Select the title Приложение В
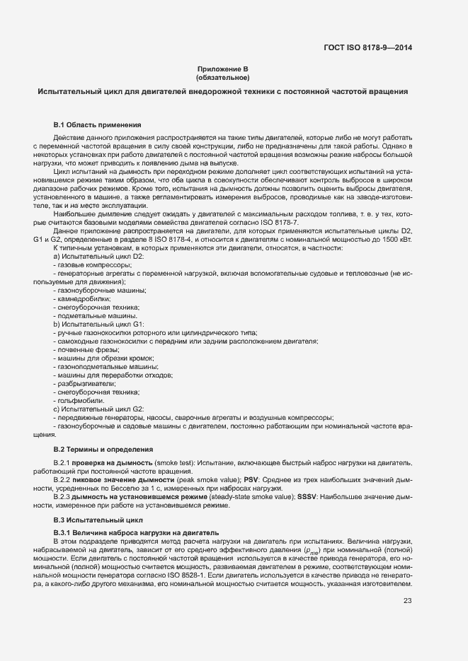223,69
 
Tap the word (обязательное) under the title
223,78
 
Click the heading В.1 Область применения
97,124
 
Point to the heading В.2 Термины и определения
103,449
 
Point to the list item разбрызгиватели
84,383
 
